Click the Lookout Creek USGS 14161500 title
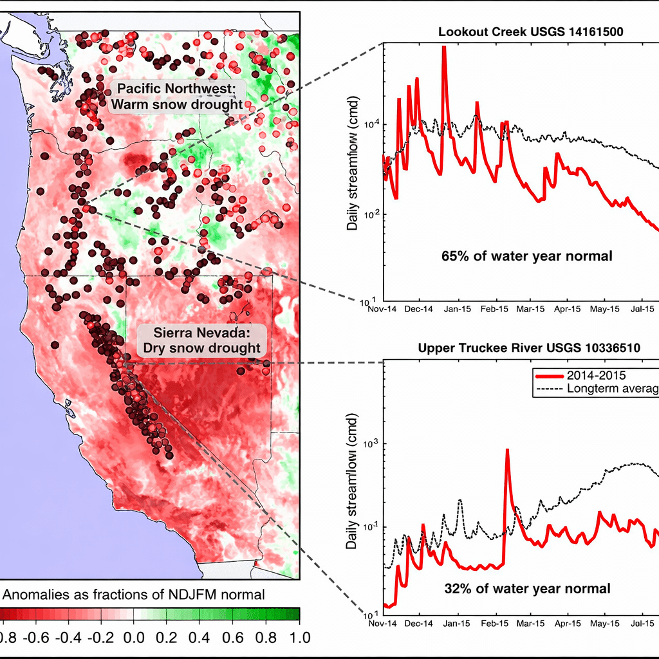click(530, 32)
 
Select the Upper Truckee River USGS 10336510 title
click(534, 348)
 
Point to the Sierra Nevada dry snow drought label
click(201, 340)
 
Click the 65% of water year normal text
click(526, 255)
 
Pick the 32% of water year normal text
click(527, 588)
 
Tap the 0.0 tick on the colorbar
click(133, 637)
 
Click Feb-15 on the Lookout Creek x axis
click(494, 309)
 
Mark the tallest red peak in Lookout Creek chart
click(443, 48)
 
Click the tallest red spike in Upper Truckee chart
click(507, 450)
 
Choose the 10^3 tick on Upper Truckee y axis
click(371, 444)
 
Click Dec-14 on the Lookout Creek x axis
click(420, 309)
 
